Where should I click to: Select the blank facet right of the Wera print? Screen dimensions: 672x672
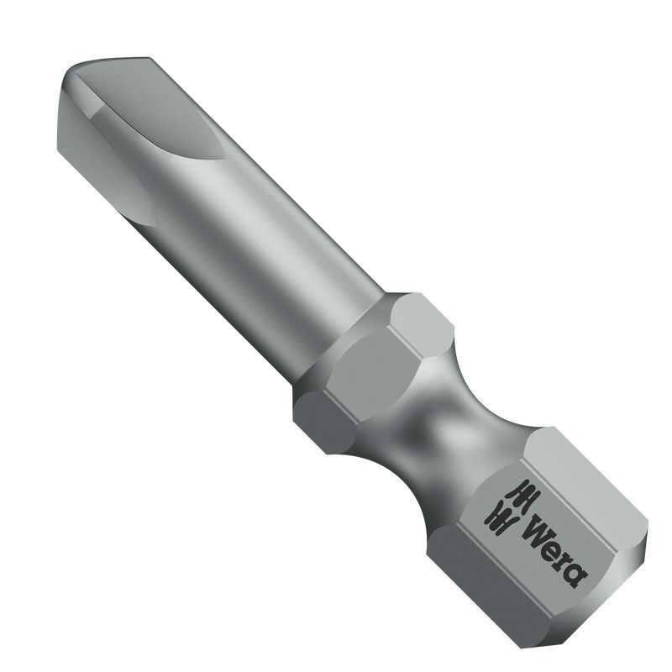pyautogui.click(x=588, y=487)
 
